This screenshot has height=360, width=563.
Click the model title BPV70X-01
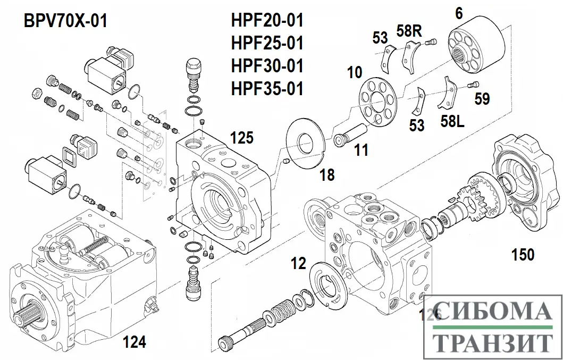(x=65, y=21)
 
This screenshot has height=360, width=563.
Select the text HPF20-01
(x=267, y=21)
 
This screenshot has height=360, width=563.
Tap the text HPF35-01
(x=267, y=88)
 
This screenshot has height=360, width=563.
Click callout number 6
(x=458, y=14)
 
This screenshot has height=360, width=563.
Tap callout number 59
(x=482, y=99)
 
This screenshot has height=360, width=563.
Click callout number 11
(x=362, y=150)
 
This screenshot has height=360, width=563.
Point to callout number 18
(x=327, y=174)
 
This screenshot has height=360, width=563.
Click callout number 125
(x=241, y=138)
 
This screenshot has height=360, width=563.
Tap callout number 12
(x=299, y=263)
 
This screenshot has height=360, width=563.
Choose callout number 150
(x=523, y=255)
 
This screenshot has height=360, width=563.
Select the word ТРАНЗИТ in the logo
(x=490, y=342)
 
